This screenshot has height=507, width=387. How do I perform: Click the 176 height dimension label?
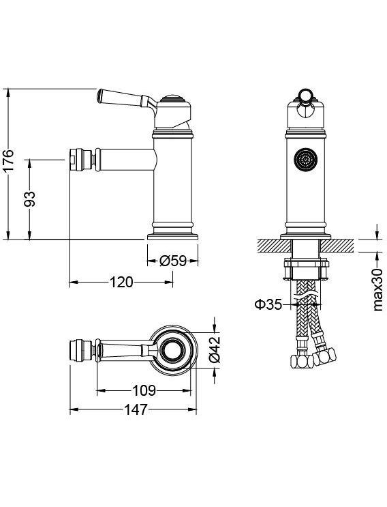point(9,160)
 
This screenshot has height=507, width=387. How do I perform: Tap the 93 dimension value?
point(30,199)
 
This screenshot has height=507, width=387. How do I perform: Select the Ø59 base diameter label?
point(173,261)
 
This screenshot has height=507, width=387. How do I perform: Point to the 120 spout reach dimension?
point(121,282)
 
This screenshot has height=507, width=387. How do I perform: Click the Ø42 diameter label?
point(215,349)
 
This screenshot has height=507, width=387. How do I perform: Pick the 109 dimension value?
point(144,390)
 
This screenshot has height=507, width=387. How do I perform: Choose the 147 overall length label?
point(136,409)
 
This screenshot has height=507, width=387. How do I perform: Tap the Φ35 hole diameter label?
point(268,304)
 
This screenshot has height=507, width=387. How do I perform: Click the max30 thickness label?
point(377,289)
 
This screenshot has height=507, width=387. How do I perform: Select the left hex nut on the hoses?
point(302,361)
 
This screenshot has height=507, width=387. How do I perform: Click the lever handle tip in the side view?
point(100,95)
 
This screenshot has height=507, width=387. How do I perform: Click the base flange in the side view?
point(172,237)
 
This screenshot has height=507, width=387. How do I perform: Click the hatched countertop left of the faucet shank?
point(275,246)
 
